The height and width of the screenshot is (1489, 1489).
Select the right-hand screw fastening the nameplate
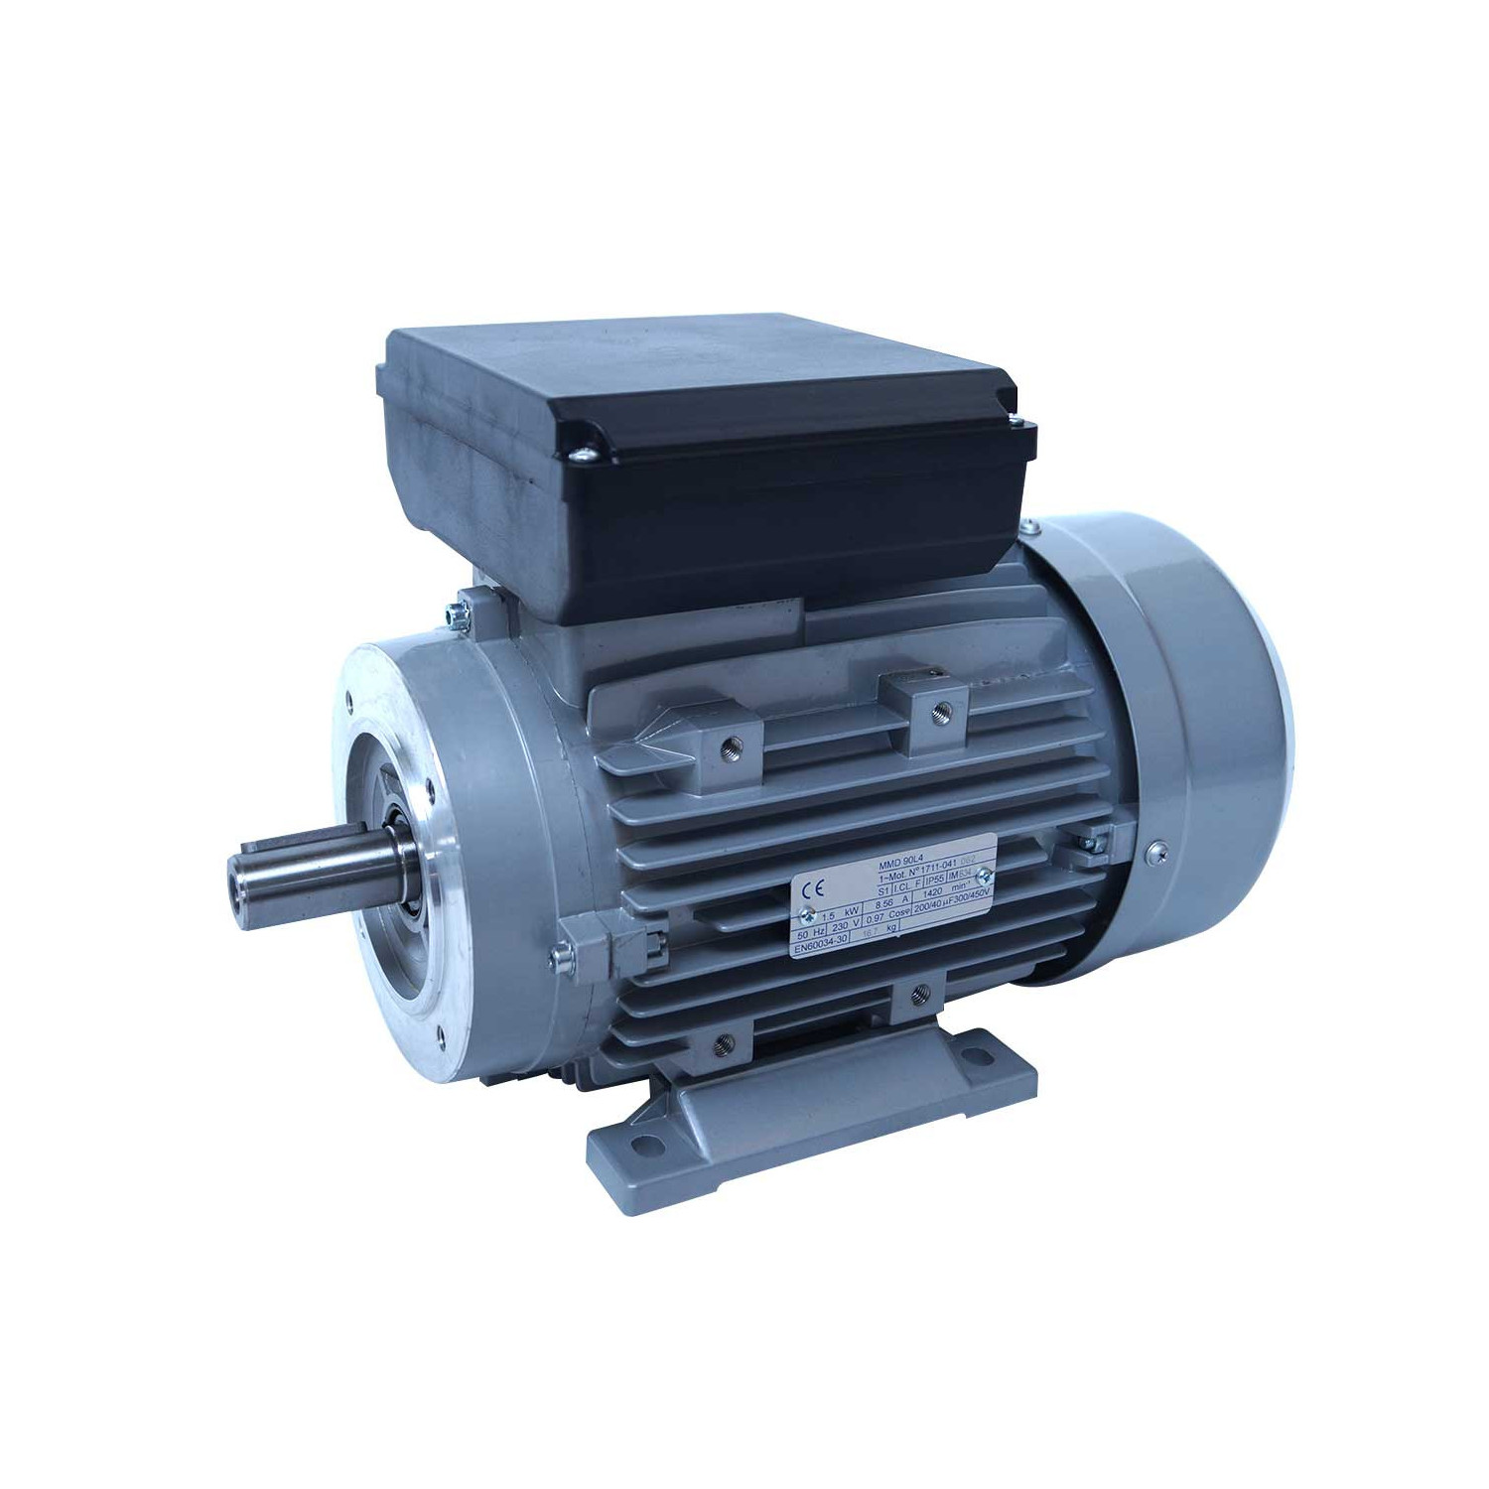pos(984,875)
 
